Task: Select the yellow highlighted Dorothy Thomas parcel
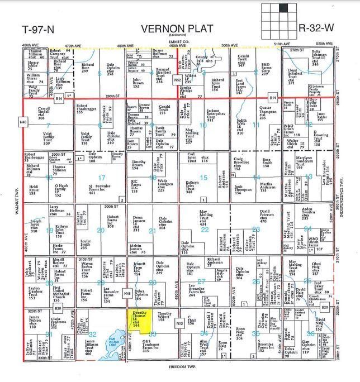tap(140, 318)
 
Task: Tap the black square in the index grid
tap(289, 9)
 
